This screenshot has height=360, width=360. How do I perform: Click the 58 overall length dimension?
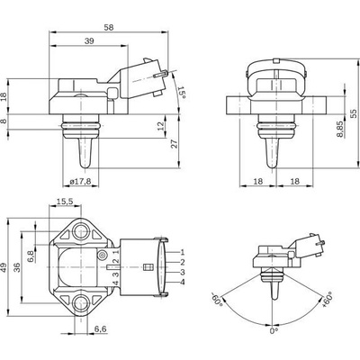tap(109, 27)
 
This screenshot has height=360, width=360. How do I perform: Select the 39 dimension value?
tap(89, 41)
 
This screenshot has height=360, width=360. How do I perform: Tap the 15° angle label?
tap(182, 92)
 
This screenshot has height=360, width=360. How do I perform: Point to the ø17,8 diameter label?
tap(80, 181)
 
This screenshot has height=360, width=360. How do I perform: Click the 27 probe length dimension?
tap(175, 144)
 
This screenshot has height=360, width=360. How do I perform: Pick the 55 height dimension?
tap(354, 113)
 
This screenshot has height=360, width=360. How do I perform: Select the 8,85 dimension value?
tap(339, 130)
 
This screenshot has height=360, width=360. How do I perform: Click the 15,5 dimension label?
tap(65, 202)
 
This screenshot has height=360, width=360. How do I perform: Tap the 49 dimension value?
tap(4, 267)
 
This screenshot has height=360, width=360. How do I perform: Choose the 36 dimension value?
tap(17, 267)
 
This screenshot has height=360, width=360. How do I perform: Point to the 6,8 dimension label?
tap(31, 256)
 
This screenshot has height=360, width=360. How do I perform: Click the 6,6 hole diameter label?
tap(101, 328)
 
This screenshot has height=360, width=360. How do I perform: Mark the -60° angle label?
tap(217, 299)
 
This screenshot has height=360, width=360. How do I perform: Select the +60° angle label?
tap(327, 299)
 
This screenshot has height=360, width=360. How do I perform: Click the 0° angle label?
tap(274, 331)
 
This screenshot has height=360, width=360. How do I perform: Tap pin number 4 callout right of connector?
tap(183, 282)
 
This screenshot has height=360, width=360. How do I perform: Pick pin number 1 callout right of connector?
tap(183, 252)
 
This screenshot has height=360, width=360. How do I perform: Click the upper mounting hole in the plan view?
tap(81, 231)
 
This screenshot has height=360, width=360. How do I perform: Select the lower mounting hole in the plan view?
tap(81, 302)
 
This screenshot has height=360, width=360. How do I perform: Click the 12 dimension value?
tap(161, 126)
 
